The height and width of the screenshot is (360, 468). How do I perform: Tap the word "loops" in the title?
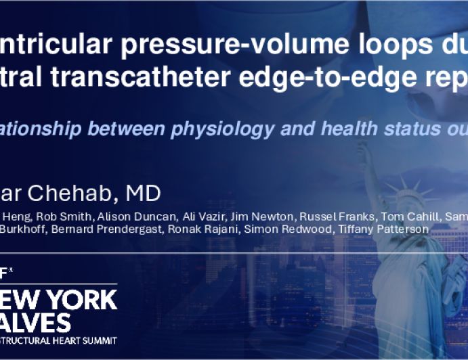pyautogui.click(x=396, y=45)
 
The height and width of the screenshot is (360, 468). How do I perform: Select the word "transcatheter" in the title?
pyautogui.click(x=141, y=76)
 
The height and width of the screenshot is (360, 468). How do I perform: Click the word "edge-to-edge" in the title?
pyautogui.click(x=328, y=78)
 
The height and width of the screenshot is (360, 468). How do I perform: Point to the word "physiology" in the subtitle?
pyautogui.click(x=223, y=129)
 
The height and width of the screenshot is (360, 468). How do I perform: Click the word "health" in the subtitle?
pyautogui.click(x=349, y=129)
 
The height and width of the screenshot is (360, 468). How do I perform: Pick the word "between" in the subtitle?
pyautogui.click(x=127, y=129)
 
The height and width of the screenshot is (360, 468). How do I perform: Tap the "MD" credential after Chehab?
pyautogui.click(x=144, y=193)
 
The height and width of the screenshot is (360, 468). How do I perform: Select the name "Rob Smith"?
pyautogui.click(x=64, y=217)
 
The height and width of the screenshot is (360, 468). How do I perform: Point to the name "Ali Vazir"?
pyautogui.click(x=203, y=217)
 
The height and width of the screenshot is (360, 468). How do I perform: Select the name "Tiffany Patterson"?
pyautogui.click(x=383, y=229)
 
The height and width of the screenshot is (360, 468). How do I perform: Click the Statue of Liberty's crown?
pyautogui.click(x=408, y=192)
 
